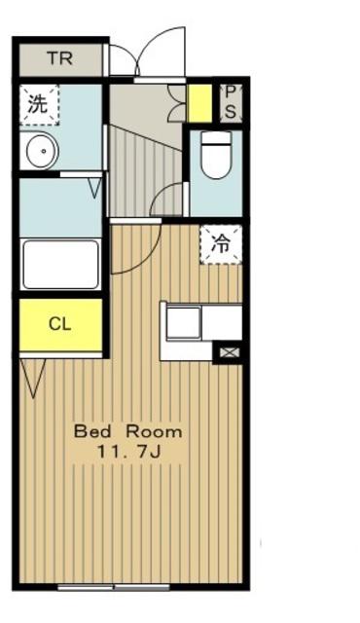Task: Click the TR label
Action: coord(60,58)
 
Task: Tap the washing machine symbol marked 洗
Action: coord(39,105)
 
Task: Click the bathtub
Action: coord(60,264)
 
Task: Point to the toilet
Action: coord(216,155)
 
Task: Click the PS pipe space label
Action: coord(231,102)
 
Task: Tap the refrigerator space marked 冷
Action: coord(221,244)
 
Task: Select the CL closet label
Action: coord(60,324)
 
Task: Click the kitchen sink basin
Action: coord(183,323)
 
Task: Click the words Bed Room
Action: coord(128,431)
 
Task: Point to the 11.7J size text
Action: coord(128,452)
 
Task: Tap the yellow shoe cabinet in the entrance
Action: coord(199,103)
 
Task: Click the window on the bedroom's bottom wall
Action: coord(114,587)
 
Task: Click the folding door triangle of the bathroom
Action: coord(95,188)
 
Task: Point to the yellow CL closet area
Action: coord(60,324)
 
